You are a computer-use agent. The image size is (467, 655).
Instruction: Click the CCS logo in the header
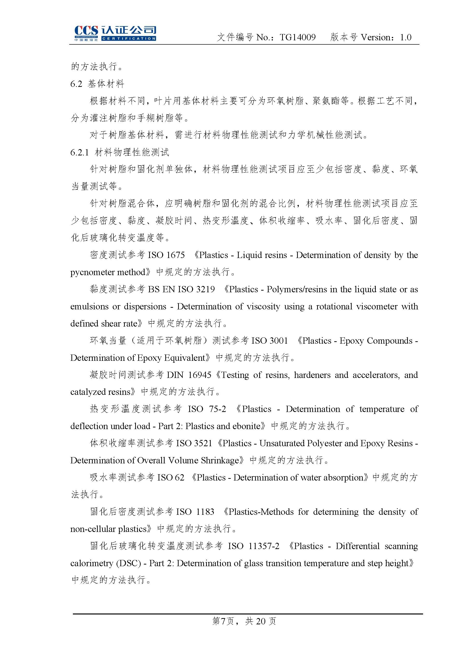(115, 33)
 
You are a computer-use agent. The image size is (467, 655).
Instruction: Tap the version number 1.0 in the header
(405, 37)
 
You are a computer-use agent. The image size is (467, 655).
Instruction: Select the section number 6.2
(76, 84)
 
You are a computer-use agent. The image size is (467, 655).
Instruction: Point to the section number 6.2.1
(79, 152)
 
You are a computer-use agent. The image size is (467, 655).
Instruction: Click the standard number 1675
(175, 255)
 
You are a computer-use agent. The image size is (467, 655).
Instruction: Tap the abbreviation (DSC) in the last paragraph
(129, 563)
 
